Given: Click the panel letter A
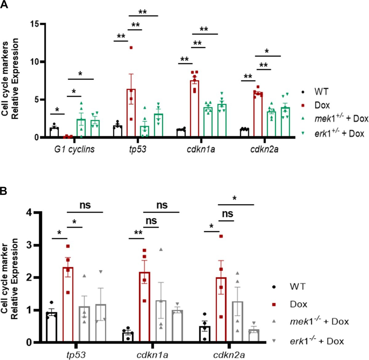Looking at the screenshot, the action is tap(4, 5).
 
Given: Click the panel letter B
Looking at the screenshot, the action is tap(4, 191).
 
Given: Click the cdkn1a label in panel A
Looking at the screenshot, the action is tap(201, 149).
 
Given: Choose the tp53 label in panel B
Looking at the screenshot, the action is tap(76, 355).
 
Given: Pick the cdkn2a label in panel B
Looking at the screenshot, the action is tap(229, 355).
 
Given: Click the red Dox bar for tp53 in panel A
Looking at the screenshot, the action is tap(131, 112).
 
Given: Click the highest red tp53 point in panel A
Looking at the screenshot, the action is tap(131, 48).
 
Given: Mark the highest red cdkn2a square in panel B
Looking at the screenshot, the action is tap(221, 236).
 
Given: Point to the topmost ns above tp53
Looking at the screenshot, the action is tap(85, 205).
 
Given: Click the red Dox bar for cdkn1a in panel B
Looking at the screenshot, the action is tap(145, 307).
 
